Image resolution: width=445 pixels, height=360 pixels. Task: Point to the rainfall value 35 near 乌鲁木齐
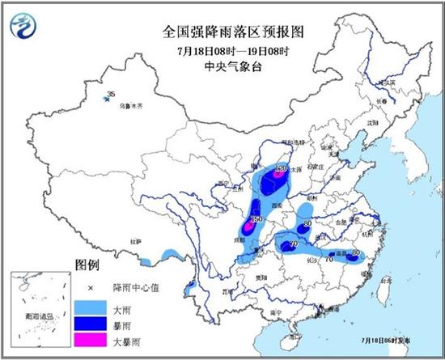coord(111,95)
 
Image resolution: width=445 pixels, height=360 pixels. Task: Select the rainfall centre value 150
coord(256,219)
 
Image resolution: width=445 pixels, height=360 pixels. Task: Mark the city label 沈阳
coord(373,122)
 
